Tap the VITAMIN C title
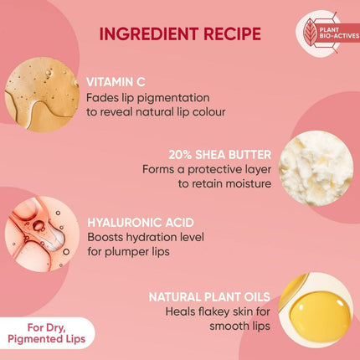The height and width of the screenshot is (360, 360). tap(116, 81)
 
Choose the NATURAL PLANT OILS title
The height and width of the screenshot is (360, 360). tap(209, 296)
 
